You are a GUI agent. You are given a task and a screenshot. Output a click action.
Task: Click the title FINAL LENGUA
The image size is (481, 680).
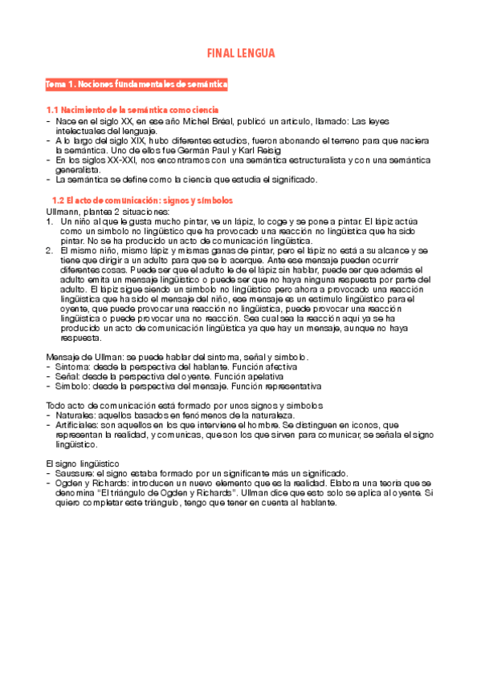[241, 54]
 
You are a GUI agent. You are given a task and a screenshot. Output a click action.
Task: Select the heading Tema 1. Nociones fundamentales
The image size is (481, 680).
[137, 83]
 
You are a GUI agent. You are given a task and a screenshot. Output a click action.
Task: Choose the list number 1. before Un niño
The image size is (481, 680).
[51, 221]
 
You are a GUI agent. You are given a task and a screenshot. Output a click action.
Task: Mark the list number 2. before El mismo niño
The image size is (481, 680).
[51, 250]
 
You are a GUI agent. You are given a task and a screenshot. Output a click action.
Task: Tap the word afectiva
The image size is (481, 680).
[263, 366]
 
